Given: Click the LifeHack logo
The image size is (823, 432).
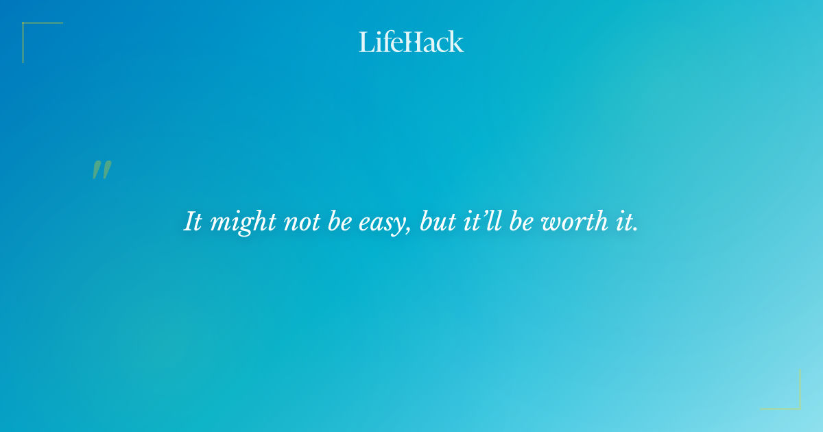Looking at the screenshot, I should [411, 42].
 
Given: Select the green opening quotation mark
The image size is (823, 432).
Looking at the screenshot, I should [102, 170].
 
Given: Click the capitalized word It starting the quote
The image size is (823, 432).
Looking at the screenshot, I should [193, 222].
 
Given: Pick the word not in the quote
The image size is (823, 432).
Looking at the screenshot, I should [302, 222].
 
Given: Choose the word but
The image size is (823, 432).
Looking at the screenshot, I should [436, 222].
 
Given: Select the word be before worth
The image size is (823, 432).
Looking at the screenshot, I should [523, 222].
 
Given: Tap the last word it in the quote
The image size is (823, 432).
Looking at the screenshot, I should [621, 222].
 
